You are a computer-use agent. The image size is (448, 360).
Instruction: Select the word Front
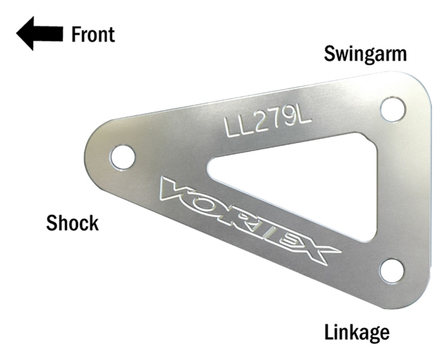pyautogui.click(x=93, y=34)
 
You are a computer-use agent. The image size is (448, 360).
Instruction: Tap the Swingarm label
pyautogui.click(x=365, y=54)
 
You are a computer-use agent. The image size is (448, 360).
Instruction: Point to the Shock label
pyautogui.click(x=72, y=223)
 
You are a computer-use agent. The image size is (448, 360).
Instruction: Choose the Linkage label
pyautogui.click(x=357, y=332)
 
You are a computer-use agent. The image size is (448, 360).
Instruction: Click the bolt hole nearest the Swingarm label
pyautogui.click(x=393, y=109)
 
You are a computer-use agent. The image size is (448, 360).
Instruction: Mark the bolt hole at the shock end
pyautogui.click(x=122, y=157)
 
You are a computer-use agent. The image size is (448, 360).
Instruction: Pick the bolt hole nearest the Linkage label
pyautogui.click(x=392, y=271)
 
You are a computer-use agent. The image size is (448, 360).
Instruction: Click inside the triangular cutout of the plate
pyautogui.click(x=309, y=182)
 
